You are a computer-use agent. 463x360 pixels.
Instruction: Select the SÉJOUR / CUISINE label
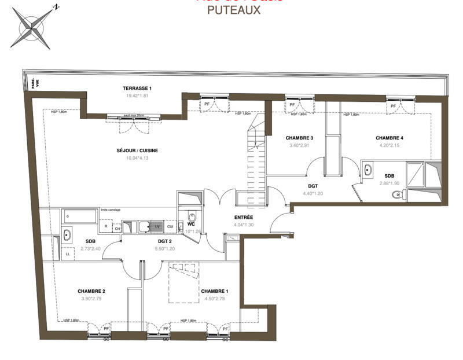(137, 150)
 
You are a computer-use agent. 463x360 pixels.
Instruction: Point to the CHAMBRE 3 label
(299, 138)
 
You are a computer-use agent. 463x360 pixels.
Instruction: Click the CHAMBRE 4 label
(389, 138)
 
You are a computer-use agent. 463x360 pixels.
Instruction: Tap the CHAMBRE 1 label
(214, 291)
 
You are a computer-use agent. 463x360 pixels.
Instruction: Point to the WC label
(191, 223)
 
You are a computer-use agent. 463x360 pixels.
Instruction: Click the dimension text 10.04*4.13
(137, 159)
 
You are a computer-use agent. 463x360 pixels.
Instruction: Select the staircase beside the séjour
(255, 156)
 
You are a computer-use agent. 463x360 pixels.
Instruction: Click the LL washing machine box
(68, 254)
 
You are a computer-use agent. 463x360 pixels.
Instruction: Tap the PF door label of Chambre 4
(393, 106)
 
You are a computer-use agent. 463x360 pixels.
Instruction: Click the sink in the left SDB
(67, 234)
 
